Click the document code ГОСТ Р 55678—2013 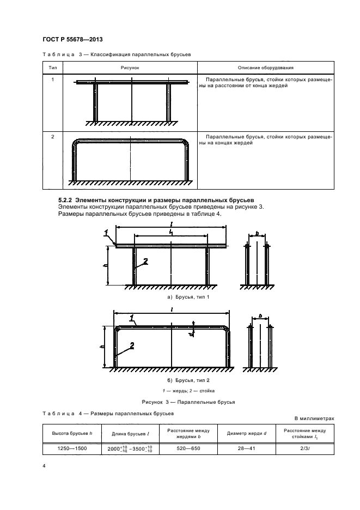click(x=73, y=40)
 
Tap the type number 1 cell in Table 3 click(x=53, y=80)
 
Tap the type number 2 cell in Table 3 click(x=53, y=136)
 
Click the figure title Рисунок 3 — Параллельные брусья click(x=180, y=402)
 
